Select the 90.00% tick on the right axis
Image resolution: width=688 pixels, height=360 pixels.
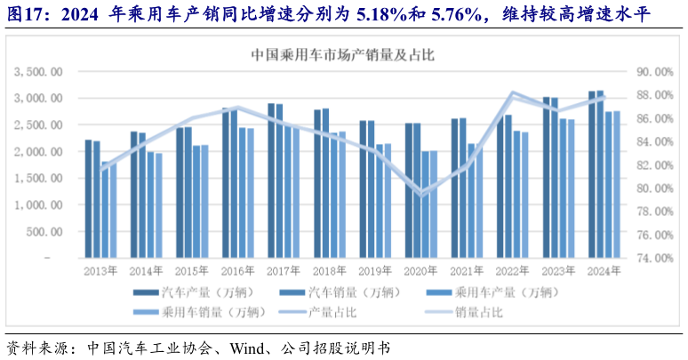pos(652,71)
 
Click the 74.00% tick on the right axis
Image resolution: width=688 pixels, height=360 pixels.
pos(652,259)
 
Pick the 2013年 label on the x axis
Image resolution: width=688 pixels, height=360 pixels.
pos(100,271)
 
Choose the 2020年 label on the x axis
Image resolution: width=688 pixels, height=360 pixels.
pos(419,271)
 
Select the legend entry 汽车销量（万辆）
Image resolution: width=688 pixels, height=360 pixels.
pos(363,292)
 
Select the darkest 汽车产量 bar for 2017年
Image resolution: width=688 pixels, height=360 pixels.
pos(271,181)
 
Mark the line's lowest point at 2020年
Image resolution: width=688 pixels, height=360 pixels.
pos(421,194)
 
